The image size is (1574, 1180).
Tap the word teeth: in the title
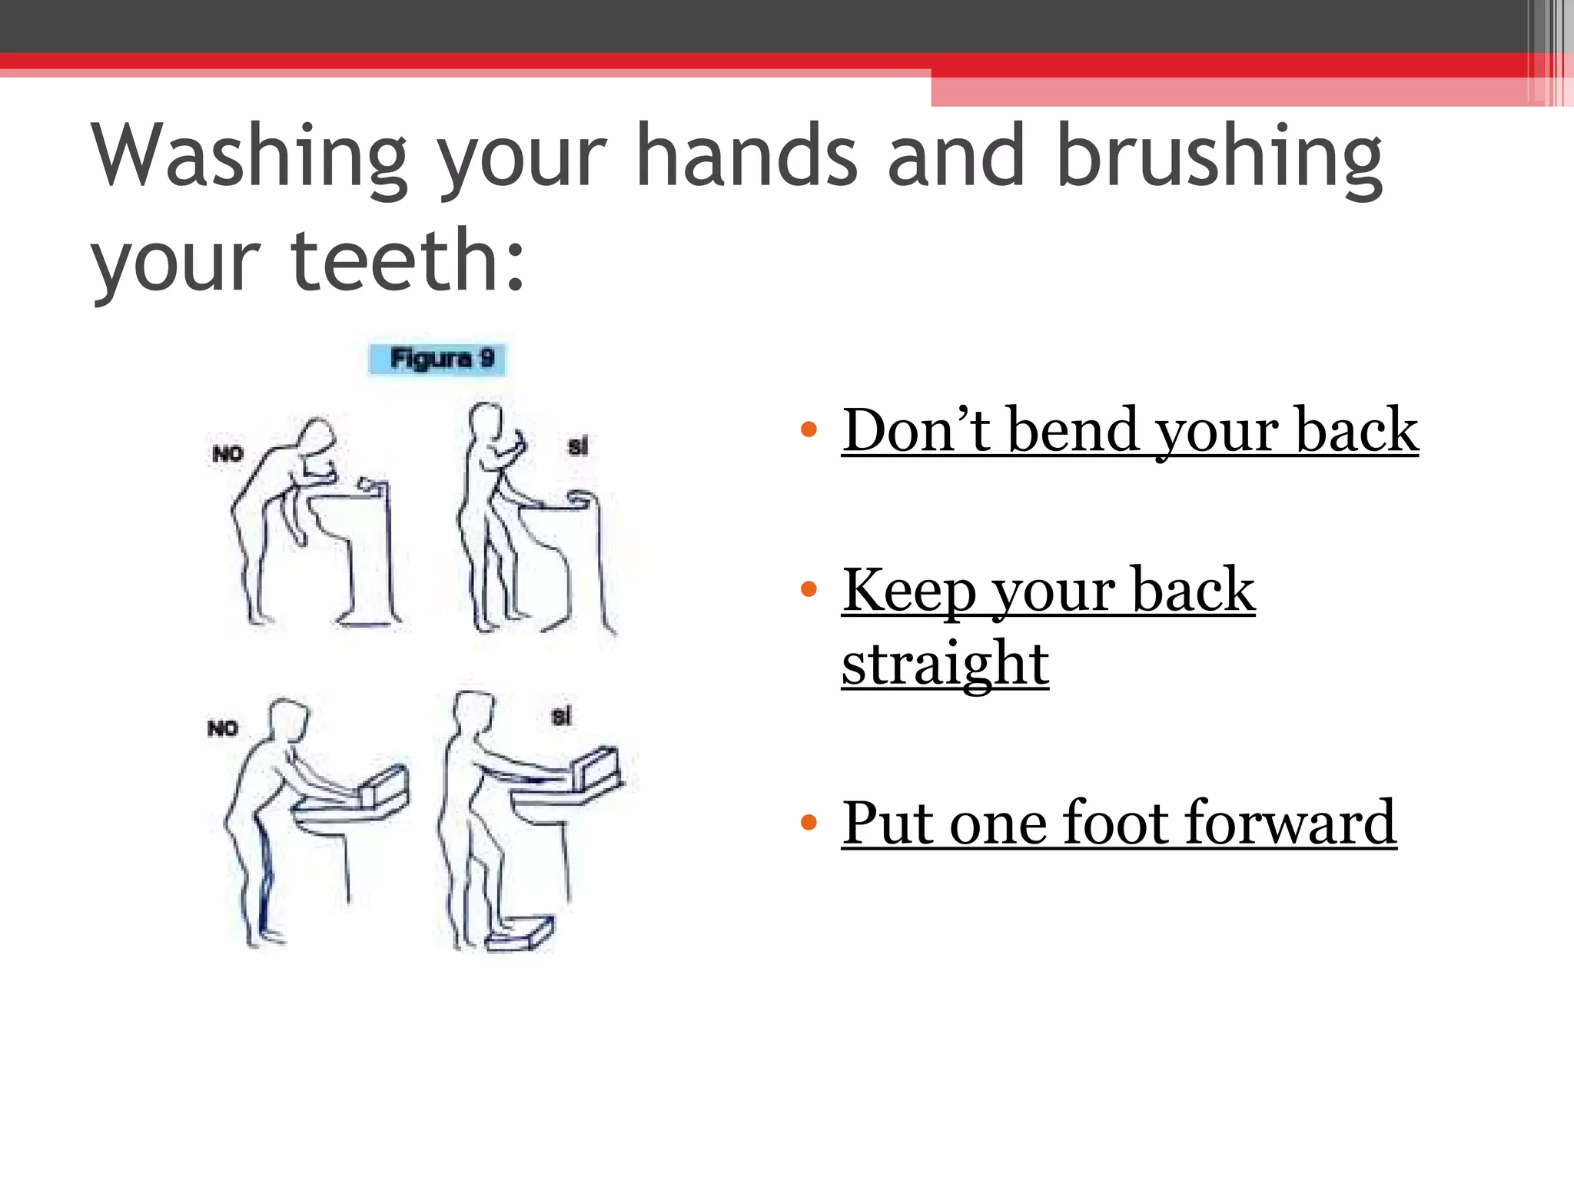click(x=407, y=261)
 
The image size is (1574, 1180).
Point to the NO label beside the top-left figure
click(x=227, y=454)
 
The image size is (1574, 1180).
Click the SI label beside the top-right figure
click(x=578, y=446)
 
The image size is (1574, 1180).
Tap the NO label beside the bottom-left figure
click(x=223, y=728)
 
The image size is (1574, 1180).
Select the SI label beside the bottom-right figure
click(x=562, y=717)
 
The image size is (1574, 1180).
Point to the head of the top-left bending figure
click(x=317, y=438)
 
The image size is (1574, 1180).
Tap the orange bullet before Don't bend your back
click(x=808, y=429)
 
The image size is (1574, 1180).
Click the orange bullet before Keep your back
click(x=808, y=590)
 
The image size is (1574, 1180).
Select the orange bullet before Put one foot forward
click(x=808, y=823)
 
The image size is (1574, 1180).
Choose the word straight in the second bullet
click(x=945, y=665)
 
